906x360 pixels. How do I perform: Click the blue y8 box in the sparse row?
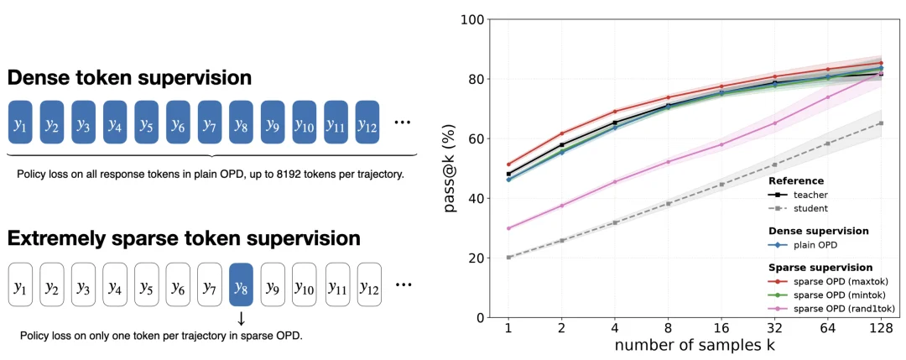241,284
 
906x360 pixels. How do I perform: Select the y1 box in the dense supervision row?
20,122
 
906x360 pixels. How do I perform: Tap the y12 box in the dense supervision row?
367,122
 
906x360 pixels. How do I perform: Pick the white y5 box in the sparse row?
146,284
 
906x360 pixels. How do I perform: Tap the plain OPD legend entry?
805,244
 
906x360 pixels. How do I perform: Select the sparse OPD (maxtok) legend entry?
829,281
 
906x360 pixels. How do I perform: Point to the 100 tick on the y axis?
473,19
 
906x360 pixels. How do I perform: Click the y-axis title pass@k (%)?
451,169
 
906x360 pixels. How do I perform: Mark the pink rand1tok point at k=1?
508,228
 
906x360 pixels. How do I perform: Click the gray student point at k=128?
881,123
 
